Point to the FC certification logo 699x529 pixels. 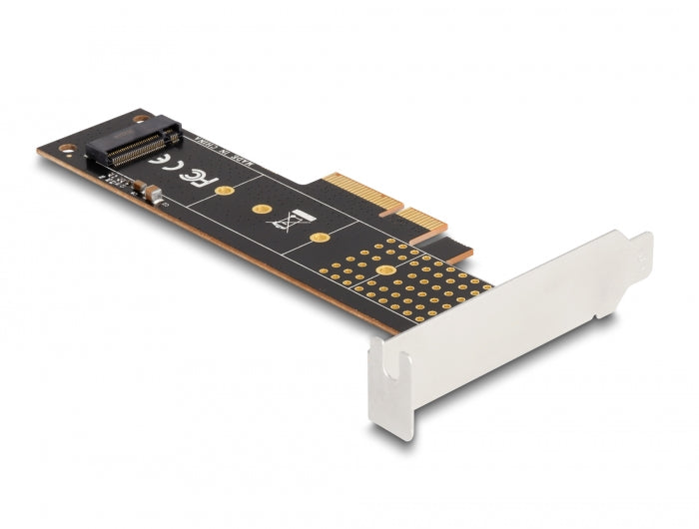(x=198, y=178)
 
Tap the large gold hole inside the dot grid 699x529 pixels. (x=383, y=270)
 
